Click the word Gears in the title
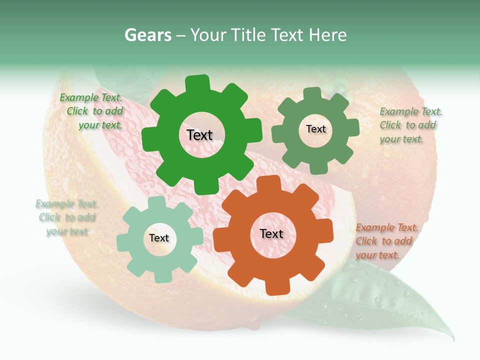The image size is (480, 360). coord(148,35)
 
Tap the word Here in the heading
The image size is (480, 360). coord(327,35)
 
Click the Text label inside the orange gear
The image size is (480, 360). coord(271,233)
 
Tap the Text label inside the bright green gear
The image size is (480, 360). coord(199,135)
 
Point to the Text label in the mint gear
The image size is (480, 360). coord(159,238)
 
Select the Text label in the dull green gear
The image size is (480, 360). coord(315,129)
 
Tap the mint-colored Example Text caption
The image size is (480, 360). coord(66,217)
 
